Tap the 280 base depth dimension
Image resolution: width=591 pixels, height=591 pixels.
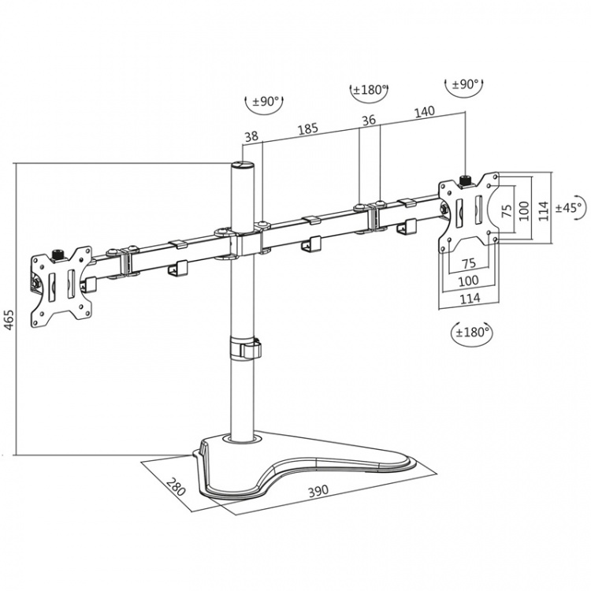click(x=177, y=487)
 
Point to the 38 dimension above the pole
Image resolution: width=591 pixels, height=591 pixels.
click(x=251, y=136)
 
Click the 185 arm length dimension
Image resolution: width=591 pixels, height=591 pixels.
click(x=308, y=128)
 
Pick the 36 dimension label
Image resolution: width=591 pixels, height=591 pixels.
click(x=368, y=121)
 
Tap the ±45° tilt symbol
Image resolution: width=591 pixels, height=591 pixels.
click(x=569, y=208)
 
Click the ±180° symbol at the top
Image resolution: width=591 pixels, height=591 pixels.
click(x=369, y=90)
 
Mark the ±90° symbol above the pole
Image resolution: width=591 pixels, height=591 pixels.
click(x=266, y=101)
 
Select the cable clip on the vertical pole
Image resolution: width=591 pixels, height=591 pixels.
click(x=245, y=348)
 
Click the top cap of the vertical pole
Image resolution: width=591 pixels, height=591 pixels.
click(x=240, y=166)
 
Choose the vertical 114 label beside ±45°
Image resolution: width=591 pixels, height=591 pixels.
click(x=543, y=209)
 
